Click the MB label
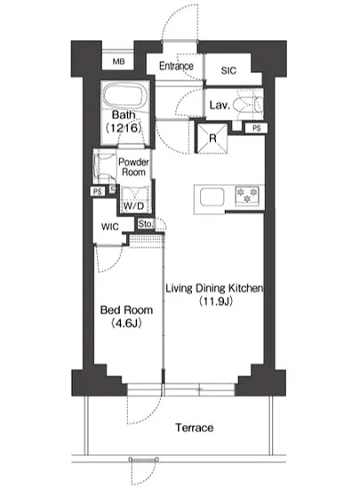[x=118, y=61]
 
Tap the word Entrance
[x=176, y=66]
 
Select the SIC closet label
[x=228, y=70]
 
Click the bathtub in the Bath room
[x=125, y=95]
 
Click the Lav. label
[x=220, y=105]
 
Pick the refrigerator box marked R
[x=212, y=138]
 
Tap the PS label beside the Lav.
[x=257, y=128]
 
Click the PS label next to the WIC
[x=98, y=191]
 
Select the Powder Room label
[x=133, y=167]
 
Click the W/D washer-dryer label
[x=133, y=206]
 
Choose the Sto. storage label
[x=146, y=223]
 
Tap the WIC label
[x=109, y=227]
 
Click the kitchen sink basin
[x=212, y=197]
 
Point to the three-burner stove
[x=247, y=196]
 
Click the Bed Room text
[x=126, y=310]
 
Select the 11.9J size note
[x=216, y=301]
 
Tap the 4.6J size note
[x=126, y=323]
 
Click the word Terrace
[x=194, y=428]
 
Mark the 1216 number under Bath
[x=124, y=128]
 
